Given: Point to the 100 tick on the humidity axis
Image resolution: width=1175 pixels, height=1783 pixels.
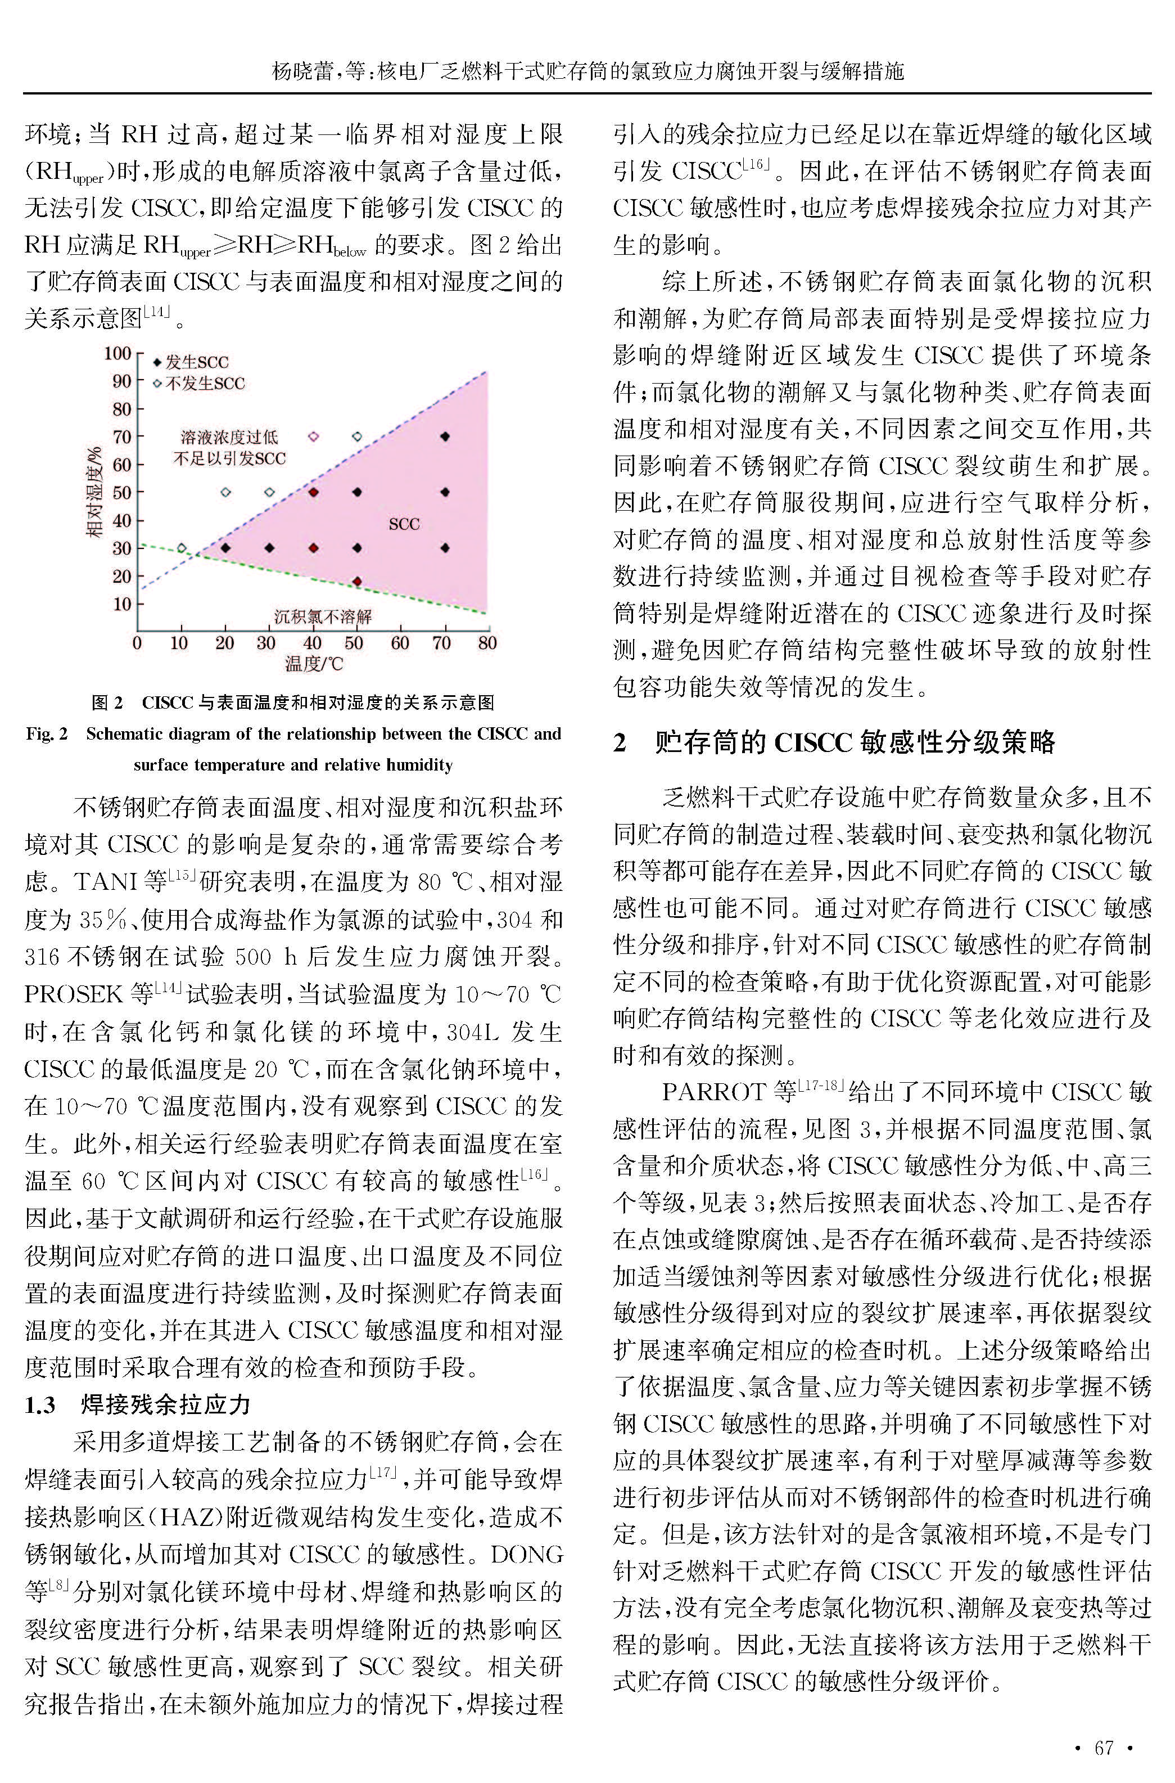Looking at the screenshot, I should click(117, 353).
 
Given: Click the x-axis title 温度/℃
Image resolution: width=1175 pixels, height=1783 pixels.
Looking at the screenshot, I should click(313, 664).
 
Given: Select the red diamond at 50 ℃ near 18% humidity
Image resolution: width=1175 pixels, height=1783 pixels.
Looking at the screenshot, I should click(356, 582).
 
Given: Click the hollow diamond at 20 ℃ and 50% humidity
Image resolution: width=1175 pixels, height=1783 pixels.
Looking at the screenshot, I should click(225, 492).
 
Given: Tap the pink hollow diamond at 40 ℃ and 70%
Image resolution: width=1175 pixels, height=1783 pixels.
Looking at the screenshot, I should click(314, 436).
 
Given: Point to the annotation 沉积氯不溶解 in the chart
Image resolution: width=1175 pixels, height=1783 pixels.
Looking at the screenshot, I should click(322, 618).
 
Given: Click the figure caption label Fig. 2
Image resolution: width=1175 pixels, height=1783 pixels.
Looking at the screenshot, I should click(47, 734).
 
